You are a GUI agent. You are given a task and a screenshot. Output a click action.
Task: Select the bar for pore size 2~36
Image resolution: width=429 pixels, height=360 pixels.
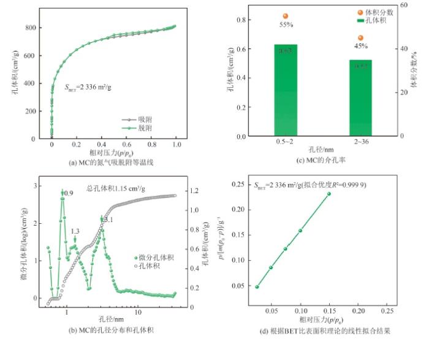point(361,98)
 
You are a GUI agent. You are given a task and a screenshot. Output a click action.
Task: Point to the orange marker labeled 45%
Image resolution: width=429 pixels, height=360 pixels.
point(361,38)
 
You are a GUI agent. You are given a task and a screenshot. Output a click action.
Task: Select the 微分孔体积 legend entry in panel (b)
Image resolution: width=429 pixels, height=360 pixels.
point(151,258)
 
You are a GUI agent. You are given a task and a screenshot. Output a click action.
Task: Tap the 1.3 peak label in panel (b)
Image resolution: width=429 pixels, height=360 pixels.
point(75,231)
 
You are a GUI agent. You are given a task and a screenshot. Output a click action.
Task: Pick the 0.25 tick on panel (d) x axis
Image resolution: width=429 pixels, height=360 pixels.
point(385,312)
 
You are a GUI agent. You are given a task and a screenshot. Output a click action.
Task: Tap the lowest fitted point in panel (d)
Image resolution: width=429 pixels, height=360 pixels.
point(257,286)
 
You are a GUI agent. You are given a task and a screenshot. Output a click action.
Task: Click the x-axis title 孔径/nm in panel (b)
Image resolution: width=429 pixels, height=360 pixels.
point(112,320)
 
